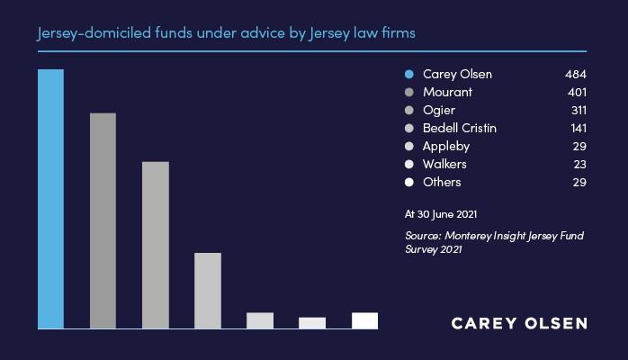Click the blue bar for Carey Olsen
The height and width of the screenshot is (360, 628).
point(51,199)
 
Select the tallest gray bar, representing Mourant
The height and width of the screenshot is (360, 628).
point(103,221)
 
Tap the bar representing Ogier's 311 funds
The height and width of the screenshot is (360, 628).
point(156,245)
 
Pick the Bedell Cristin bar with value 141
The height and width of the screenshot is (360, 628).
point(208,291)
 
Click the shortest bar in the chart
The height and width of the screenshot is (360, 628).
point(312,323)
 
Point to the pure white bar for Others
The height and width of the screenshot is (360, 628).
point(364,320)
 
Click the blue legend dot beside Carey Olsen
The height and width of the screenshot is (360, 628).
point(409,74)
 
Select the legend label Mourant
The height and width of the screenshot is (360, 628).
point(447,92)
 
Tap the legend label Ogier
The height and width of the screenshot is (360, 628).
point(439,111)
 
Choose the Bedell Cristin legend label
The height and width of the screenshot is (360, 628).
point(460,128)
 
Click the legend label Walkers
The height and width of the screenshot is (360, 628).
point(444,164)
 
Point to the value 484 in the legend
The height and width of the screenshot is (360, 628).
point(576,74)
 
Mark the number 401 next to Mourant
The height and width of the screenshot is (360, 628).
point(577,92)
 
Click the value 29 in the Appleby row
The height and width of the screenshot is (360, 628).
point(579,146)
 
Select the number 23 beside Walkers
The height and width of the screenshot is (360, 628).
point(579,164)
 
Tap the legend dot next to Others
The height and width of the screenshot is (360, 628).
point(409,182)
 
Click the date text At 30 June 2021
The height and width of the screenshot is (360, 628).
point(441,214)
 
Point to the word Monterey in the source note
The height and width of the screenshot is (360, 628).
point(468,236)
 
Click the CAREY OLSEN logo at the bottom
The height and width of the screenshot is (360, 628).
point(519,324)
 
